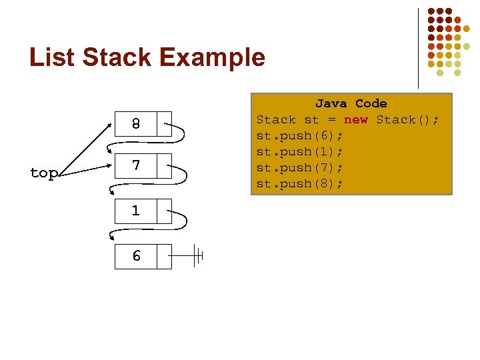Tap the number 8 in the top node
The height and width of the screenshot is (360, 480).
(135, 124)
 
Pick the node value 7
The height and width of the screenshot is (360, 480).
(135, 165)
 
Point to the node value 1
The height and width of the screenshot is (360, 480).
(135, 211)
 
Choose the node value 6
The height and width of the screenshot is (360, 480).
(135, 256)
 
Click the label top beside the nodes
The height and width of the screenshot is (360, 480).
(44, 173)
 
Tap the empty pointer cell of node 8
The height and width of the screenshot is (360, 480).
(164, 124)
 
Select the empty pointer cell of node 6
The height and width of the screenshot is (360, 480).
(164, 256)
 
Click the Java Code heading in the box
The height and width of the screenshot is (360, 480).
(351, 103)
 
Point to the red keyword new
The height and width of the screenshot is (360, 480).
(355, 119)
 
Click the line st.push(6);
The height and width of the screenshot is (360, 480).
(300, 135)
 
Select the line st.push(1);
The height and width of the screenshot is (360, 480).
(300, 151)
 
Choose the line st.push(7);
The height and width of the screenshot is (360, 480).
(300, 167)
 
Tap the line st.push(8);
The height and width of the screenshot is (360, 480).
(300, 183)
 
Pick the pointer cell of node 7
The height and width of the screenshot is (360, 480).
(164, 165)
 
